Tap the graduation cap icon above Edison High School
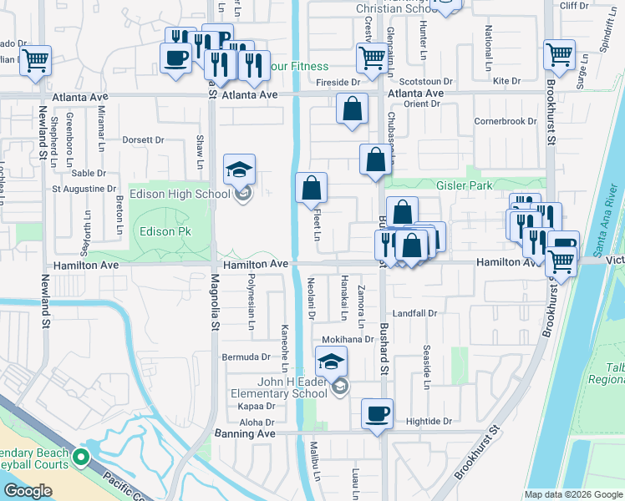pos(240,170)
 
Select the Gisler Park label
pos(464,185)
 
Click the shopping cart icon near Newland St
pos(36,59)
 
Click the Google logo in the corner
pos(28,491)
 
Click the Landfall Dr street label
pos(415,313)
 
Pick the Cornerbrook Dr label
pos(505,121)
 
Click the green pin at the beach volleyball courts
pos(81,458)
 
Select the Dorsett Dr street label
pos(144,140)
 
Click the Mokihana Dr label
pos(348,340)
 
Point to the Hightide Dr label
pos(429,422)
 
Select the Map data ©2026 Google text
pos(573,494)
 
